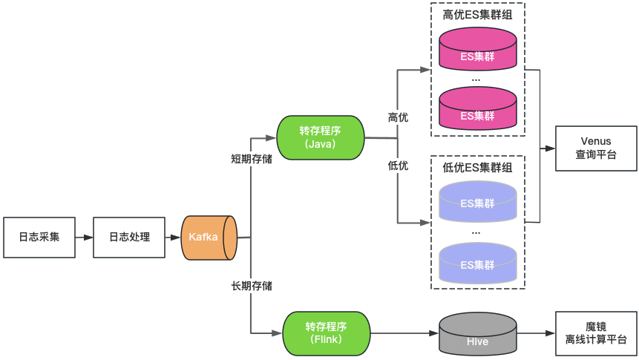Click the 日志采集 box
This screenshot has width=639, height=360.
39,238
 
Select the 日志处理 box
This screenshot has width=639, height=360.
129,238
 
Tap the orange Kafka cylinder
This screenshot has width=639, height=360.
209,238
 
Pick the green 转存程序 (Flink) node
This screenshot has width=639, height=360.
327,333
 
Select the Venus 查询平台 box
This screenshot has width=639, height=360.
596,148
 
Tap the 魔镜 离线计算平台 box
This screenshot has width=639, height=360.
596,333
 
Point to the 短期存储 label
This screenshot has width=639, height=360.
251,158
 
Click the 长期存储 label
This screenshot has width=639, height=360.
251,286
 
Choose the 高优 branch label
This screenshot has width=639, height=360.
398,117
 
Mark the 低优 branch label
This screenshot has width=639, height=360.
398,165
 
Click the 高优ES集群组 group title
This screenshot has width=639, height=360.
477,14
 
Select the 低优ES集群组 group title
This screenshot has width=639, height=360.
477,167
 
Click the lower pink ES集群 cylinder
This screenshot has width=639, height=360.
477,111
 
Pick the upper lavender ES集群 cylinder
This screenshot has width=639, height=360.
477,203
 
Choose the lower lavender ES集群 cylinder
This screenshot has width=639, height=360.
477,264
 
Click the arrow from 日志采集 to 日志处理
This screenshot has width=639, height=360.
84,238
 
